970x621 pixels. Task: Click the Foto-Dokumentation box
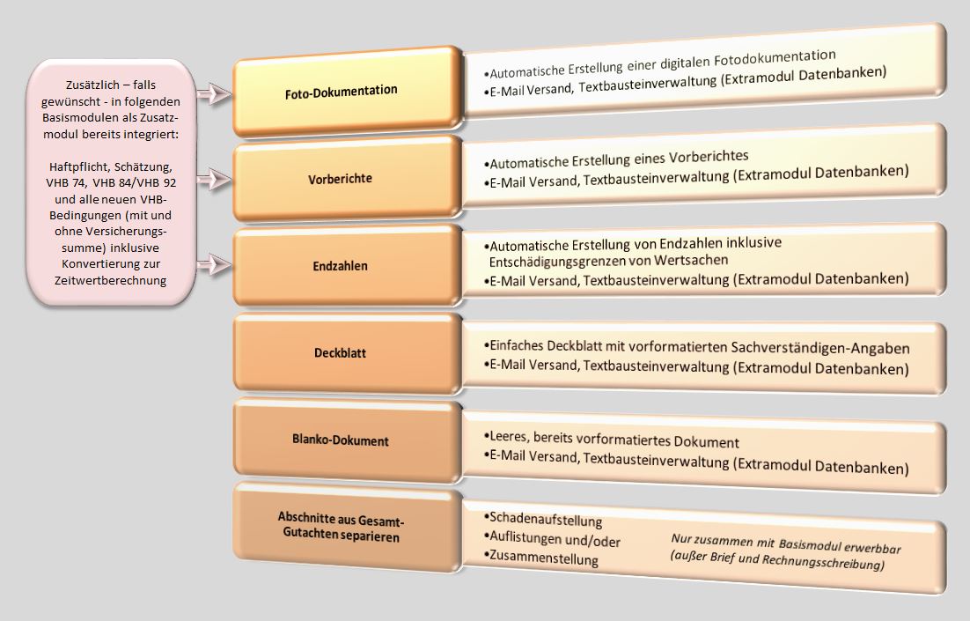(x=348, y=92)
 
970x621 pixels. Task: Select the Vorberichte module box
(x=348, y=178)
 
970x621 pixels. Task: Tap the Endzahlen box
(x=348, y=266)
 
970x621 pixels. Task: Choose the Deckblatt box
(x=348, y=353)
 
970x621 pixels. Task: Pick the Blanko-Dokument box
(x=348, y=440)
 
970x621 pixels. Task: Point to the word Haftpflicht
(x=78, y=166)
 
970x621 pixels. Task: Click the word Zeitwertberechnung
(x=111, y=280)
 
